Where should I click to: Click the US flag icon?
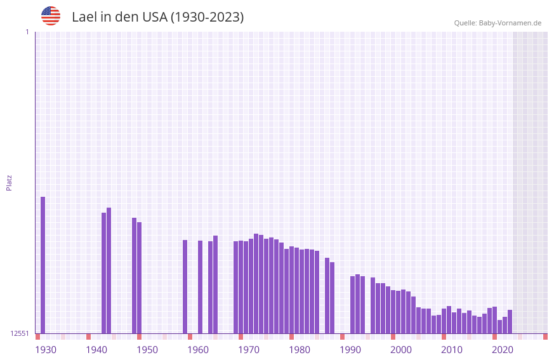click(51, 16)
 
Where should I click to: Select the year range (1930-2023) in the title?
click(207, 17)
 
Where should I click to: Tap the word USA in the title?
click(154, 17)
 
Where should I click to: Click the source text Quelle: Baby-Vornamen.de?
click(498, 23)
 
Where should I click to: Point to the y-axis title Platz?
click(9, 182)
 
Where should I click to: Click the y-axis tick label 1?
click(27, 32)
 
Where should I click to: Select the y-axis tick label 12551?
click(20, 333)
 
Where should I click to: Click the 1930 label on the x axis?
click(46, 350)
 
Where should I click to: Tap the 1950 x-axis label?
click(147, 350)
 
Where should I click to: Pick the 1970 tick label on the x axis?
click(249, 350)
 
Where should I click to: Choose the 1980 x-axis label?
click(300, 350)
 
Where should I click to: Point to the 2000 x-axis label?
click(401, 350)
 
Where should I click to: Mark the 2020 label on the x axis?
click(503, 350)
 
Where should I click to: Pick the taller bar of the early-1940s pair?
click(109, 270)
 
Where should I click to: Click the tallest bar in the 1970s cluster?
click(256, 283)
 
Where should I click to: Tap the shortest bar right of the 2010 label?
click(500, 326)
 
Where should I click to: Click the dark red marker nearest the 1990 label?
click(343, 337)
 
